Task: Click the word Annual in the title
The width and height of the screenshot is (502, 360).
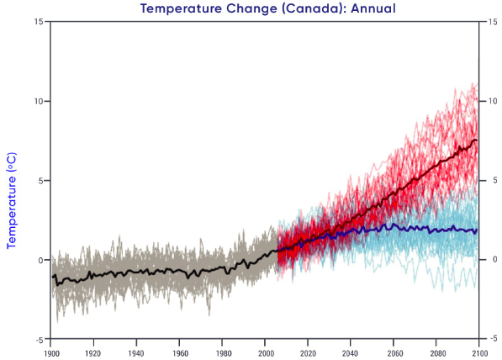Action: [373, 8]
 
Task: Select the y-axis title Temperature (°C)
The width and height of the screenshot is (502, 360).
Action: [12, 200]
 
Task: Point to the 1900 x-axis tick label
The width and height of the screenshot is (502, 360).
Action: [51, 353]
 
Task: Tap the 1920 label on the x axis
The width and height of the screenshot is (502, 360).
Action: [92, 353]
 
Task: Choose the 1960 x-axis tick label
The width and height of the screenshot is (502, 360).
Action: [180, 353]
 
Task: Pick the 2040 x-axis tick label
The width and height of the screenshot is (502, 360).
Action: [350, 353]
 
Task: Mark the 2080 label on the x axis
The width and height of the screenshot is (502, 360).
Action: [437, 353]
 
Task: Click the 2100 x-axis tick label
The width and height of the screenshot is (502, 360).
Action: [480, 353]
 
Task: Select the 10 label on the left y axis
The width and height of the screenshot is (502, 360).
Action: [38, 101]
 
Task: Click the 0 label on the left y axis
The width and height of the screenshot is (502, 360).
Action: [40, 260]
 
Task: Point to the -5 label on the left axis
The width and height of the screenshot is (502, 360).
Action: [39, 340]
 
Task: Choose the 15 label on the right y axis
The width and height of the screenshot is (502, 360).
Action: [493, 22]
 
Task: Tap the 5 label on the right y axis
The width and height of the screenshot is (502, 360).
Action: [493, 181]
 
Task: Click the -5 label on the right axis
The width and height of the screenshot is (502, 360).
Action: [493, 338]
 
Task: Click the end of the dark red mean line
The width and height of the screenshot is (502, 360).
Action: [477, 140]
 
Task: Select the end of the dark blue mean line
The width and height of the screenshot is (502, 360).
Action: [477, 230]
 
